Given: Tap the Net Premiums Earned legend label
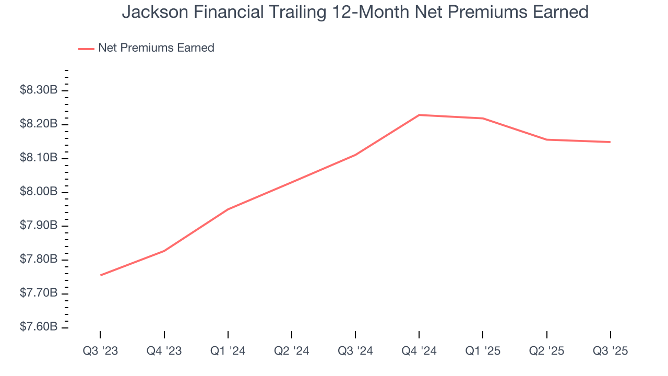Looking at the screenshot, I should point(156,48).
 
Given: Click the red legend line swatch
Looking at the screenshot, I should point(86,49).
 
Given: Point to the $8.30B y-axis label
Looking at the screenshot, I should point(39,90).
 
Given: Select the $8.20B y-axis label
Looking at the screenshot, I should point(39,124).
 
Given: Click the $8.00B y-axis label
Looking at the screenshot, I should point(39,192).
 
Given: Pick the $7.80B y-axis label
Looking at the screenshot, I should point(39,260).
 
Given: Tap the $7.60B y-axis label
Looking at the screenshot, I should point(39,327).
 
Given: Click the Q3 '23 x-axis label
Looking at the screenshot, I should point(100,351).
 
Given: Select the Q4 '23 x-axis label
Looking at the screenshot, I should point(164,351).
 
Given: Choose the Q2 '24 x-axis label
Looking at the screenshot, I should point(291,351).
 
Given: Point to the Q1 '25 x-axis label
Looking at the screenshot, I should point(483,351).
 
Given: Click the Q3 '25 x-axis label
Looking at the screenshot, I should point(610,351).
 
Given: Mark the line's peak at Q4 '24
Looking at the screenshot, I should point(419,115).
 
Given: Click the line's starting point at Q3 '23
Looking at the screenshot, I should point(100,275).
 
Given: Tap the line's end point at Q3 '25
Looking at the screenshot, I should point(610,142).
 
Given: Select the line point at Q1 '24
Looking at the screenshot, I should point(228,209).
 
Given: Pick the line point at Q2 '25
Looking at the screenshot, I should point(546,139).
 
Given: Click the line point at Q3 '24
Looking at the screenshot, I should point(355,155).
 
